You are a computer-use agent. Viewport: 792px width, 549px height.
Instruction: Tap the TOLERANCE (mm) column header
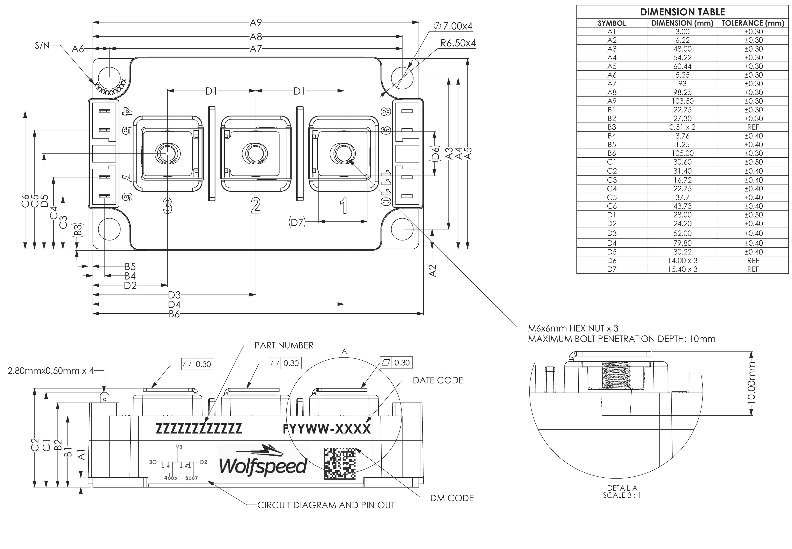tap(753, 23)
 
